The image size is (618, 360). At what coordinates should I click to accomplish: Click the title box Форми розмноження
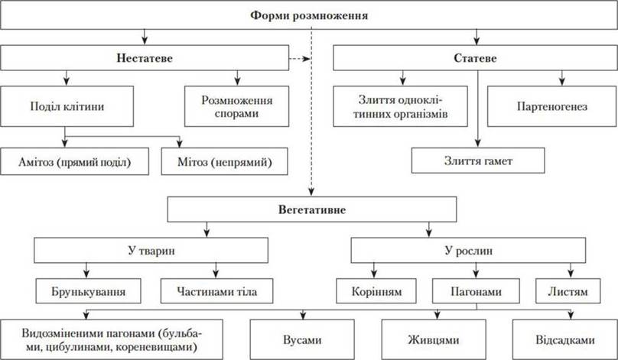tap(309, 15)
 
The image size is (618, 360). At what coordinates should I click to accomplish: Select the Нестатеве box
tap(145, 58)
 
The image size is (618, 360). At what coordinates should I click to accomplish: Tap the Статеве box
tap(475, 58)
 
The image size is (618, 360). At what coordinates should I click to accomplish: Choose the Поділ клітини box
tap(67, 106)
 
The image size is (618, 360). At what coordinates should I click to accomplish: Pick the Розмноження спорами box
tap(237, 106)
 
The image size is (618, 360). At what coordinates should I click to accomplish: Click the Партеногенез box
tap(551, 106)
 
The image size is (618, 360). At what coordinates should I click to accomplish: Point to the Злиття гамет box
tap(478, 161)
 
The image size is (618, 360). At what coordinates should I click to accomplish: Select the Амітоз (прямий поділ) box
tap(74, 161)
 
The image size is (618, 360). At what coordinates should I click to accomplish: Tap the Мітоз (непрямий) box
tap(225, 161)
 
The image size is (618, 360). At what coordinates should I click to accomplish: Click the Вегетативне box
tap(312, 209)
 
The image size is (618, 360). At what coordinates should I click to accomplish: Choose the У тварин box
tap(151, 251)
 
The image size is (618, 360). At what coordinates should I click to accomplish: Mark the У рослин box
tap(468, 251)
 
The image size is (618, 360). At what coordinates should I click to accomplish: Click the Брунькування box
tap(88, 291)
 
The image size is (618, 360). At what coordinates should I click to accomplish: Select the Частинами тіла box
tap(216, 291)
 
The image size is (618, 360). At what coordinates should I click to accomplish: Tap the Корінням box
tap(376, 291)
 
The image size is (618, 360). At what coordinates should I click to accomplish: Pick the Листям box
tap(568, 291)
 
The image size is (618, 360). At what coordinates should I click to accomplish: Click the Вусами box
tap(302, 339)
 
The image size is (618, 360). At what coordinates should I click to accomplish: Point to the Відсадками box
tap(564, 339)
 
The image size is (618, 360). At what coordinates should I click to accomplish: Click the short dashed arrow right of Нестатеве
tap(300, 59)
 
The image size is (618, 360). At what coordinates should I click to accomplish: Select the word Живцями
tap(434, 340)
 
